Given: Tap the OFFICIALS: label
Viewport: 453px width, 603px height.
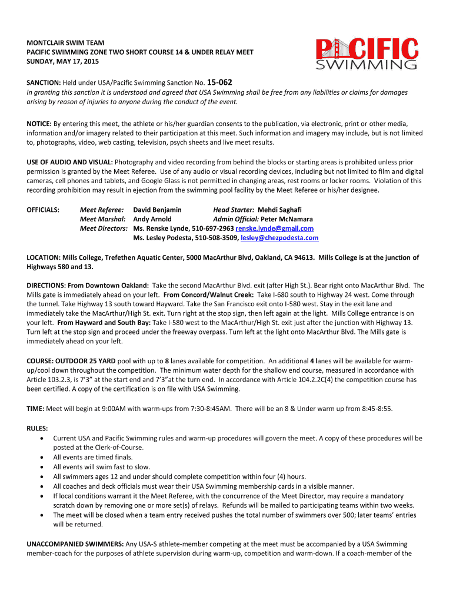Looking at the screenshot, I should point(44,210).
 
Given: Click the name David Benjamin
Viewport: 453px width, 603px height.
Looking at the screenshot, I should point(157,210).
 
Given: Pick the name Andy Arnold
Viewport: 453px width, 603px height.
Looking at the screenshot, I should point(154,219).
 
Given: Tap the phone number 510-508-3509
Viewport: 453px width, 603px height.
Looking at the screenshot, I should point(215,238).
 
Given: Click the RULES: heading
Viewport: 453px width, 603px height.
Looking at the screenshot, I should point(38,429).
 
